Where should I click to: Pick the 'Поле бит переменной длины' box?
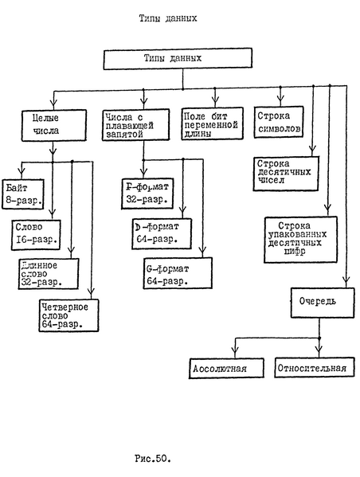click(x=209, y=125)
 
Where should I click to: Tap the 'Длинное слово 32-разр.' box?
click(x=50, y=273)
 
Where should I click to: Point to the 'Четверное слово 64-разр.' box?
click(x=70, y=313)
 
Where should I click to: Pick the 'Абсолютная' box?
click(x=227, y=369)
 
